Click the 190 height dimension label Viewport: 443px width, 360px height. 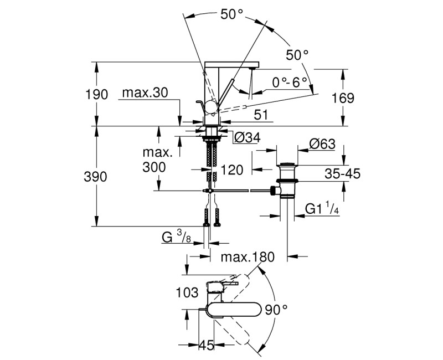(96, 94)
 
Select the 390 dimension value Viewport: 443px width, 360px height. (95, 177)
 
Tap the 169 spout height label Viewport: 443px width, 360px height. (343, 98)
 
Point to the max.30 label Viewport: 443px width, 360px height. (145, 92)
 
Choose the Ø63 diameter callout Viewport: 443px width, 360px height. (322, 144)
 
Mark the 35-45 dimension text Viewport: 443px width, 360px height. (342, 173)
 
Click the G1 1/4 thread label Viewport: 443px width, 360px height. (322, 209)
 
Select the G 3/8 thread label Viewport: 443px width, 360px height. (176, 237)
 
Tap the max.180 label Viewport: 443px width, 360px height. (248, 257)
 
